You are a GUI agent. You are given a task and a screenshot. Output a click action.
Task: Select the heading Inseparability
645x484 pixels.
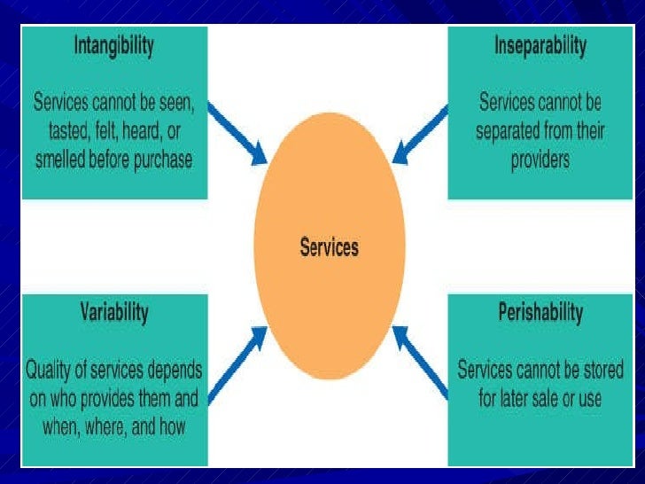coord(540,47)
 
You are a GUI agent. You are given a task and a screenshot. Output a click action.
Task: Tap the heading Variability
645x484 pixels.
coord(114,313)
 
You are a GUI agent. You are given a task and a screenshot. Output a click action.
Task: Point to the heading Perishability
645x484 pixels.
coord(540,313)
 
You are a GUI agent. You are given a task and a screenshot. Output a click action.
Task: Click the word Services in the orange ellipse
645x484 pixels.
coord(329,246)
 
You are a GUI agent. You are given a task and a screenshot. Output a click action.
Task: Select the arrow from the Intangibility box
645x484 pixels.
coord(237,132)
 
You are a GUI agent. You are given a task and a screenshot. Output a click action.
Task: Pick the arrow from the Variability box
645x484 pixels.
coord(237,360)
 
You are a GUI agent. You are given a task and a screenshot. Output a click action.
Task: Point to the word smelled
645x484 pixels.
coord(66,161)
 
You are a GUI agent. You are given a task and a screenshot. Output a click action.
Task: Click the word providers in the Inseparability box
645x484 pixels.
coord(540,161)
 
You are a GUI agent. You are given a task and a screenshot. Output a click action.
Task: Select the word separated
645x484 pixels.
coord(514,131)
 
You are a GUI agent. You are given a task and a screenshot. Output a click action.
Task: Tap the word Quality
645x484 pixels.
coord(51,368)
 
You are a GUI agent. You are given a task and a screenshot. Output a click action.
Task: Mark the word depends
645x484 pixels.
coord(175,368)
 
